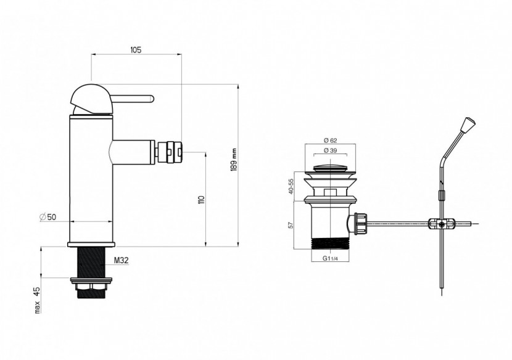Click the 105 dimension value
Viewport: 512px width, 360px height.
pyautogui.click(x=136, y=50)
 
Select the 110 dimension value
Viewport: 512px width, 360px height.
pyautogui.click(x=201, y=200)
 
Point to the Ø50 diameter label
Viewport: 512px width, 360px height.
pyautogui.click(x=48, y=217)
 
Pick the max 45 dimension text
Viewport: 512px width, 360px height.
pyautogui.click(x=38, y=300)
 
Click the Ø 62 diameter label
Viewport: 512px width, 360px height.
pyautogui.click(x=330, y=141)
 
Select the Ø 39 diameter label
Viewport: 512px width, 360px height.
pyautogui.click(x=330, y=150)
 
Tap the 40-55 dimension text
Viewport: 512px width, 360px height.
pyautogui.click(x=291, y=186)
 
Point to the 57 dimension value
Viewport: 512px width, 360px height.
pyautogui.click(x=291, y=225)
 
